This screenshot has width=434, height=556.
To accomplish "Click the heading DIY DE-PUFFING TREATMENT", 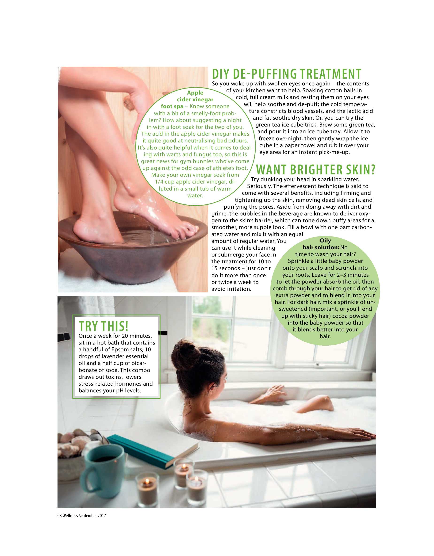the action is (x=287, y=74).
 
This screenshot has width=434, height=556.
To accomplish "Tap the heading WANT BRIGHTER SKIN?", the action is (x=316, y=169).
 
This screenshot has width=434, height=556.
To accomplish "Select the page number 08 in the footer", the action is (x=60, y=516).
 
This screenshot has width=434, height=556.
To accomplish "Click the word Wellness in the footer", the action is (x=70, y=516).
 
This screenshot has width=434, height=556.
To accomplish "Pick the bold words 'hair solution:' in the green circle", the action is (x=321, y=247).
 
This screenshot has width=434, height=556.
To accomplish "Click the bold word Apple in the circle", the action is (x=195, y=93).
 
